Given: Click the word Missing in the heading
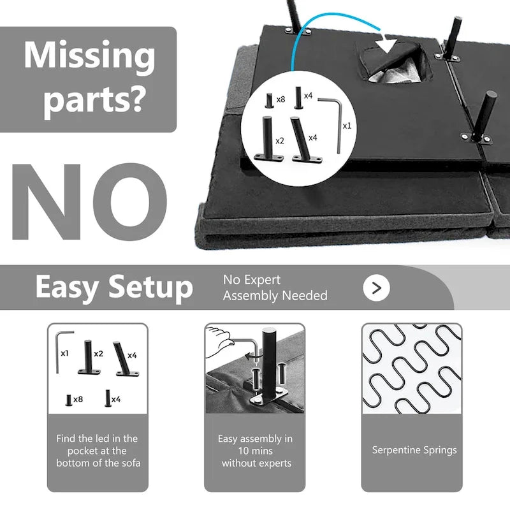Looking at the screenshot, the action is coord(89,55).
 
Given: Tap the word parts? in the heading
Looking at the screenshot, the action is coord(94,100).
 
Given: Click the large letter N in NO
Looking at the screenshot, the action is coord(46,201).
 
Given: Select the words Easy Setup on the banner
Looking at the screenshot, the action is coord(114,287).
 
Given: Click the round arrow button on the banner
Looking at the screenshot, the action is coord(376,288).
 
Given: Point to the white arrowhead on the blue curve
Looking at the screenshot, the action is coord(386,45).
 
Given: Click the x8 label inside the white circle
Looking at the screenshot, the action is coord(280,99).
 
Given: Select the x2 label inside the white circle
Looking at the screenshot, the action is coord(280,140).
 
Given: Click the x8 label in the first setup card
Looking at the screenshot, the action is coord(78,399).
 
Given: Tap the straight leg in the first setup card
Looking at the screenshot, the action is coord(88,357).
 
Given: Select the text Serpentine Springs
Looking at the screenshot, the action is coord(414,450).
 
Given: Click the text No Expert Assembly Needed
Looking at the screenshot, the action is coord(275,288).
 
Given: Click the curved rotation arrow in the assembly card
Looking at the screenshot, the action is coord(251,357).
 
